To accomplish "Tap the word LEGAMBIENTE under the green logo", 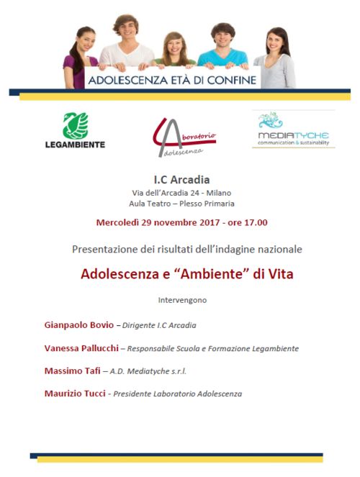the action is click(x=76, y=144).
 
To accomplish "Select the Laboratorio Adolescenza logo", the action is click(x=182, y=137).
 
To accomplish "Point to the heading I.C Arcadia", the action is click(x=181, y=179).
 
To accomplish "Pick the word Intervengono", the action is click(x=181, y=299).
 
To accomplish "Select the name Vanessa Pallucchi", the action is click(x=81, y=347).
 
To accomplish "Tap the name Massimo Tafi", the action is click(x=72, y=371).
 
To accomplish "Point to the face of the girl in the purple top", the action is click(x=85, y=41).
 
